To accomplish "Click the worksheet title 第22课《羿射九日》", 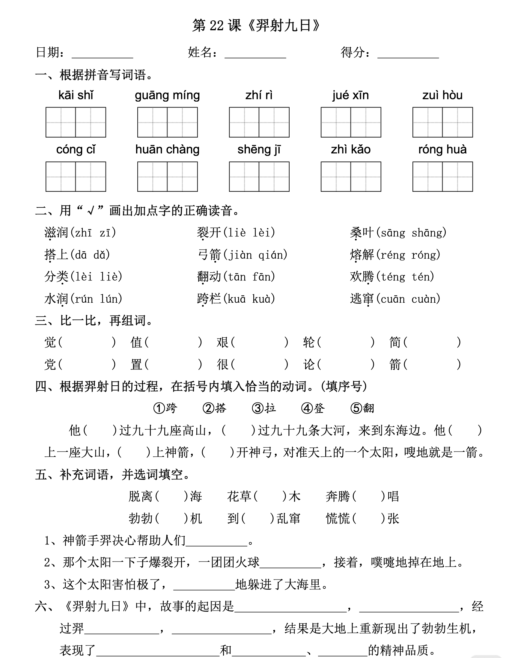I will tap(256, 26).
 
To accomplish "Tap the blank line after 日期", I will tap(102, 54).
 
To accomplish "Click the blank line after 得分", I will tap(408, 54).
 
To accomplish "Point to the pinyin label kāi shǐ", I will tap(76, 95).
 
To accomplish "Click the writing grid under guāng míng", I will tap(167, 122).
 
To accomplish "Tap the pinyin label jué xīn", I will tap(350, 95).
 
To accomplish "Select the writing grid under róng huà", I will tap(442, 176).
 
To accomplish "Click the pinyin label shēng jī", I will tap(259, 150).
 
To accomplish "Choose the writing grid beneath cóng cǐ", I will tap(76, 176).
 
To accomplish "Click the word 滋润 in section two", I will tap(56, 233).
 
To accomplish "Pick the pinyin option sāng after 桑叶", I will tap(393, 233).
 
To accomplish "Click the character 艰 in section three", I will tap(222, 342).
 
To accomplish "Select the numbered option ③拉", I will tap(264, 408).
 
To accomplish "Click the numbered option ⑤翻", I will tap(362, 408).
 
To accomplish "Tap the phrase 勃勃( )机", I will tap(165, 518).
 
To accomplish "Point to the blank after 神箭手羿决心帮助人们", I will tap(216, 542).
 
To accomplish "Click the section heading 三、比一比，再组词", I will tap(94, 320).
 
